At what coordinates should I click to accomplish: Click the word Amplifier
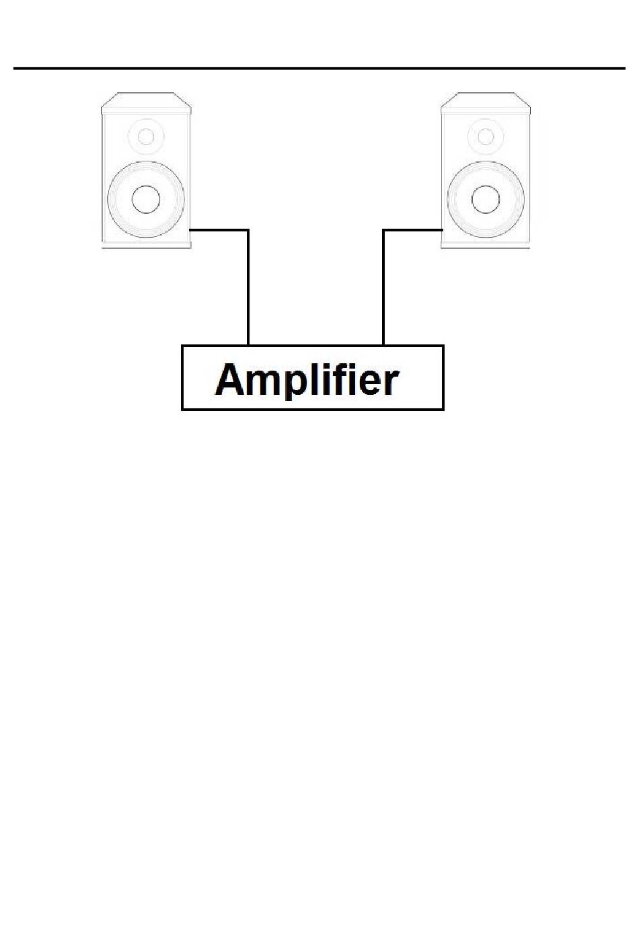point(307,379)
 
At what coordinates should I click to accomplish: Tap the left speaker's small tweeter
point(145,137)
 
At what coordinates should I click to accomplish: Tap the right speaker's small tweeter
point(485,137)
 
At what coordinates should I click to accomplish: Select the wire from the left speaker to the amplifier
point(248,289)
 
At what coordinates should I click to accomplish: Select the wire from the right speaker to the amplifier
point(383,289)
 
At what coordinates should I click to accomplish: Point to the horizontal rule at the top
point(319,68)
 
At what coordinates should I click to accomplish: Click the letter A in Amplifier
point(229,379)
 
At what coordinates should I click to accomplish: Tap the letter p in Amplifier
point(288,383)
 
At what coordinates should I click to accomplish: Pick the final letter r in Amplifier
point(391,382)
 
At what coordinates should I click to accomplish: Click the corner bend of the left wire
point(248,230)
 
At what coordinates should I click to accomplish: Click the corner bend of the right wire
point(383,230)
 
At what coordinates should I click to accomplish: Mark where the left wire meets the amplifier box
point(248,345)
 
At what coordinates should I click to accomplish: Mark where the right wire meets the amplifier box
point(383,345)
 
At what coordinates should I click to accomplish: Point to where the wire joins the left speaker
point(192,230)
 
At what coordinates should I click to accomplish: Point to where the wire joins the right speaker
point(441,230)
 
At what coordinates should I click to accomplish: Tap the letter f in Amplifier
point(343,378)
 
